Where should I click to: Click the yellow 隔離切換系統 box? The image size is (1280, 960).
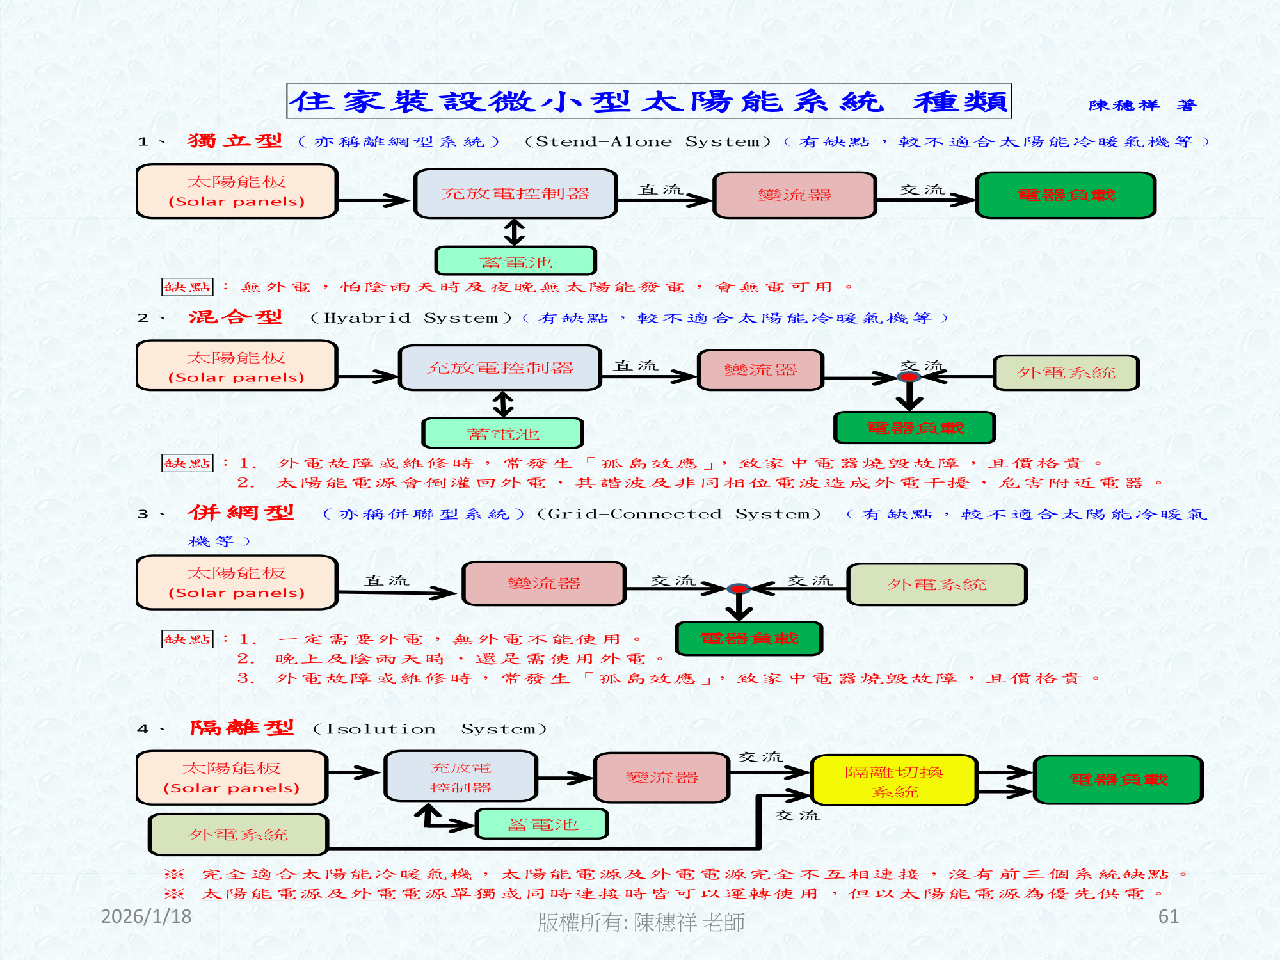pyautogui.click(x=894, y=781)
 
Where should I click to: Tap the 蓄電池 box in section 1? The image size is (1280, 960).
pyautogui.click(x=516, y=262)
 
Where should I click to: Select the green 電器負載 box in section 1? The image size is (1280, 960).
pyautogui.click(x=1066, y=195)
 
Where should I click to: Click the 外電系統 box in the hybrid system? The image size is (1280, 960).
pyautogui.click(x=1066, y=372)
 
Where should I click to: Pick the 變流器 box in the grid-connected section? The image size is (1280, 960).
pyautogui.click(x=544, y=583)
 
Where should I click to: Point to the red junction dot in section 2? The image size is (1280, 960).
pyautogui.click(x=909, y=377)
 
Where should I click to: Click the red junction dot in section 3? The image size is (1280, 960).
pyautogui.click(x=739, y=588)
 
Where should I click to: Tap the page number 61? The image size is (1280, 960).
pyautogui.click(x=1168, y=916)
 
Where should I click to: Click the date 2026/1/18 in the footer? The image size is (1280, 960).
pyautogui.click(x=147, y=916)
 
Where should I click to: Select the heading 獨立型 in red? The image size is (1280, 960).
pyautogui.click(x=235, y=141)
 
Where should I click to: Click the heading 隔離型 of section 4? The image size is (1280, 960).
pyautogui.click(x=242, y=728)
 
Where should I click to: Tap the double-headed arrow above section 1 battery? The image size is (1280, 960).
pyautogui.click(x=515, y=232)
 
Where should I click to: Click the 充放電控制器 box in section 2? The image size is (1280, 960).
pyautogui.click(x=500, y=368)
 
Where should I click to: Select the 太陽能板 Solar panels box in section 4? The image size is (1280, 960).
pyautogui.click(x=232, y=778)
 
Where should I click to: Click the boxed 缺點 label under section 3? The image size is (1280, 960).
pyautogui.click(x=187, y=639)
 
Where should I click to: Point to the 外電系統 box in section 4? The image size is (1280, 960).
pyautogui.click(x=238, y=835)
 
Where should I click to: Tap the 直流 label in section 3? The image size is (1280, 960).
pyautogui.click(x=387, y=580)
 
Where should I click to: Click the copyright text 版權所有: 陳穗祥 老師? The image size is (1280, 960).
pyautogui.click(x=641, y=922)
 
